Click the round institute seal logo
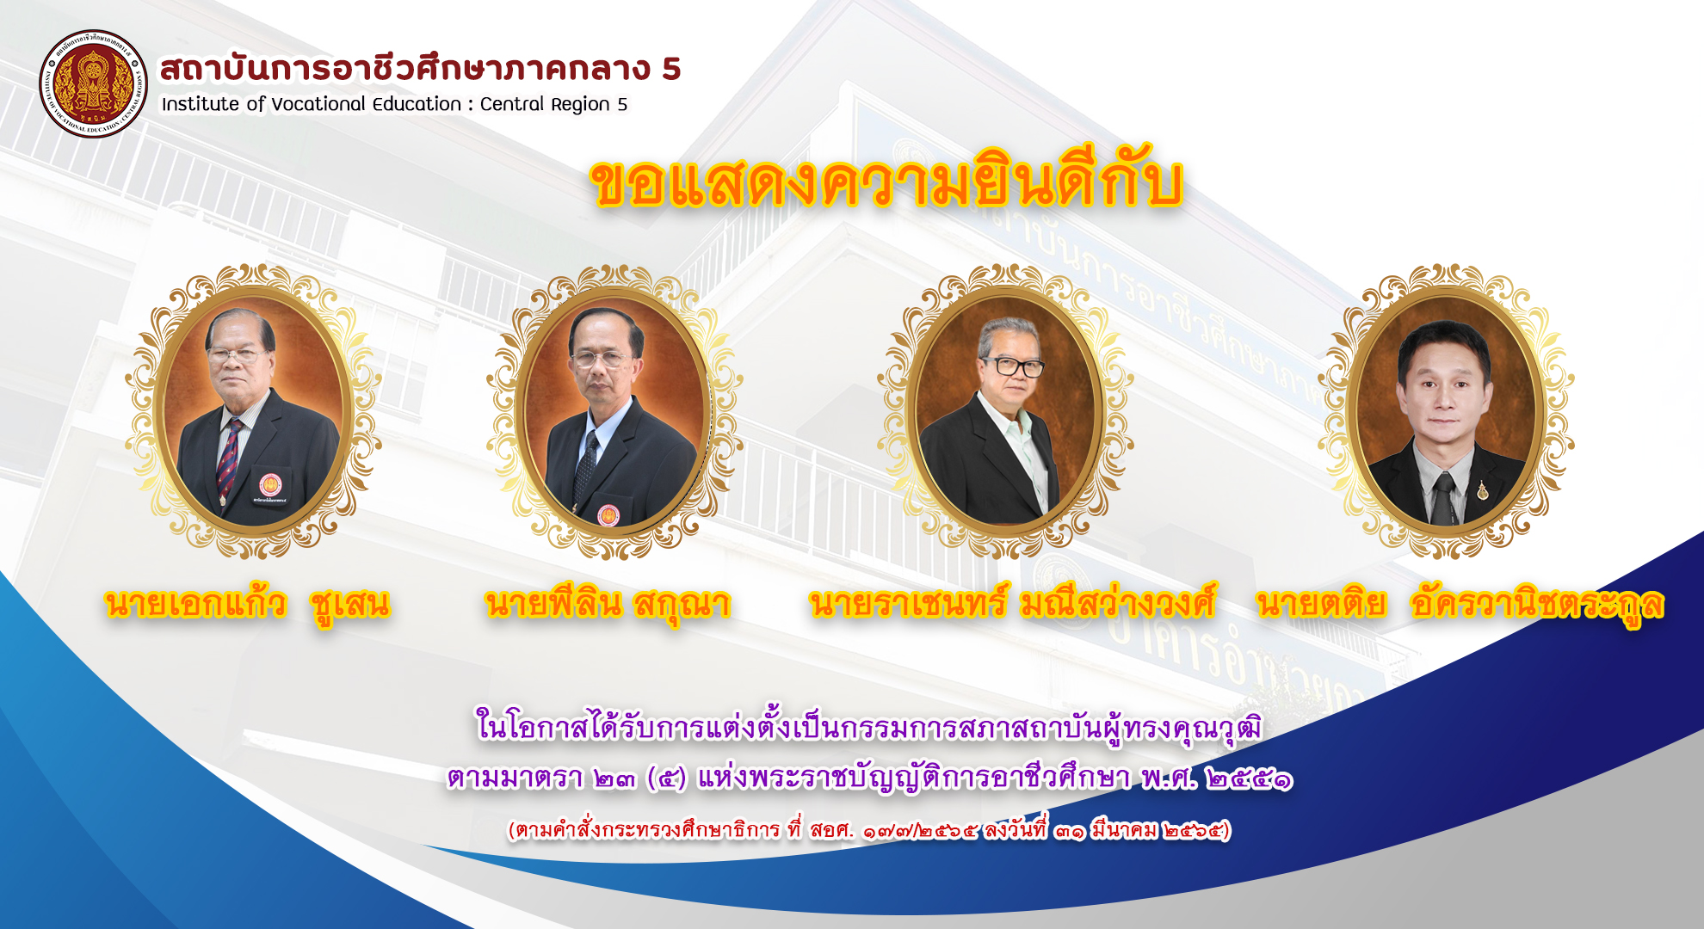pyautogui.click(x=93, y=83)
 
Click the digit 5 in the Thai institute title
pyautogui.click(x=671, y=69)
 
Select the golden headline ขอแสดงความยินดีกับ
pyautogui.click(x=887, y=182)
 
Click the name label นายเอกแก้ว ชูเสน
pyautogui.click(x=248, y=605)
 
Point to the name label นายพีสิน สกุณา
pyautogui.click(x=608, y=605)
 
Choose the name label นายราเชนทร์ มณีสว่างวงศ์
pyautogui.click(x=1013, y=604)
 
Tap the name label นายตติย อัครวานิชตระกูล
pyautogui.click(x=1460, y=605)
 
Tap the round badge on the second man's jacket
pyautogui.click(x=608, y=515)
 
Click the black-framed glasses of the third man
pyautogui.click(x=1013, y=366)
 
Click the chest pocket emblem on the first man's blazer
pyautogui.click(x=270, y=485)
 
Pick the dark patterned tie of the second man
pyautogui.click(x=587, y=470)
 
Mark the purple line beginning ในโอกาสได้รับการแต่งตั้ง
pyautogui.click(x=869, y=727)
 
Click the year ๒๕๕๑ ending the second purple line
pyautogui.click(x=1250, y=779)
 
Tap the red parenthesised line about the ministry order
pyautogui.click(x=869, y=830)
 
